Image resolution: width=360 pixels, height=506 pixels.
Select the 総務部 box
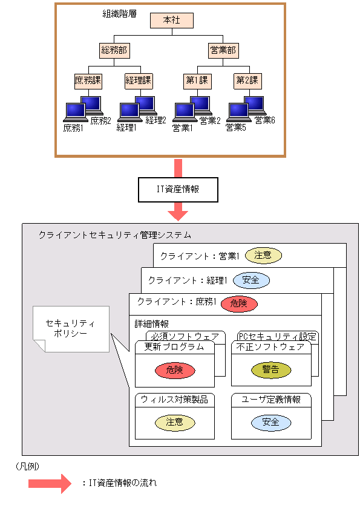click(x=115, y=50)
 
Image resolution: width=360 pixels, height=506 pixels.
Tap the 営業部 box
click(x=224, y=50)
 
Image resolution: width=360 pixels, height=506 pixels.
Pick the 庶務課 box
click(x=89, y=80)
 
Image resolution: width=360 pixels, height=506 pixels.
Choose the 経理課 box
click(x=139, y=80)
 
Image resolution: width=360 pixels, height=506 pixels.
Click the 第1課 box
click(x=197, y=80)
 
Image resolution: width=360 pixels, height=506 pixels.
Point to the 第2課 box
click(x=246, y=80)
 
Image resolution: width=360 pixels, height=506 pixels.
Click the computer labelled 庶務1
click(x=75, y=112)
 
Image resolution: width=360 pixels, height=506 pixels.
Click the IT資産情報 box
click(x=178, y=189)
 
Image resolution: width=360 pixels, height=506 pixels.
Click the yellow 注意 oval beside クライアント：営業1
click(x=263, y=256)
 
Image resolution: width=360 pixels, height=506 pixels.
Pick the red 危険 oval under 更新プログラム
click(x=174, y=370)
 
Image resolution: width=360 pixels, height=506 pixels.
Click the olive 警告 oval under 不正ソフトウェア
click(x=270, y=370)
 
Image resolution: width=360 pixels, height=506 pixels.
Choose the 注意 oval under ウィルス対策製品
click(x=174, y=422)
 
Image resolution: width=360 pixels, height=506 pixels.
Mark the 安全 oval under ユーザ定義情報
click(x=270, y=422)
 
